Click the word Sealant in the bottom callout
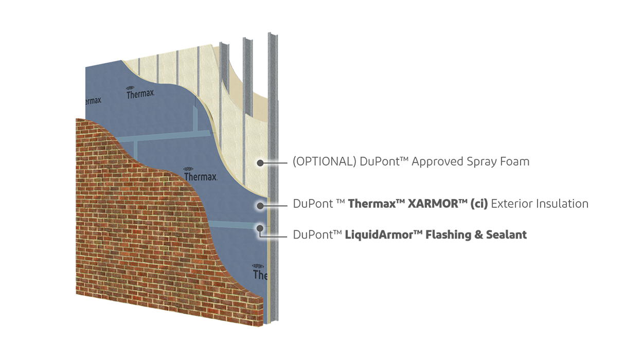point(506,235)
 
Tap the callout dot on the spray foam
point(260,163)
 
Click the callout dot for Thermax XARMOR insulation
point(260,205)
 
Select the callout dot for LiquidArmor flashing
point(260,227)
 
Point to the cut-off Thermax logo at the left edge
point(93,99)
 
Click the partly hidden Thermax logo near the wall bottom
point(260,272)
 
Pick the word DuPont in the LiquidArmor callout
point(314,235)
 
